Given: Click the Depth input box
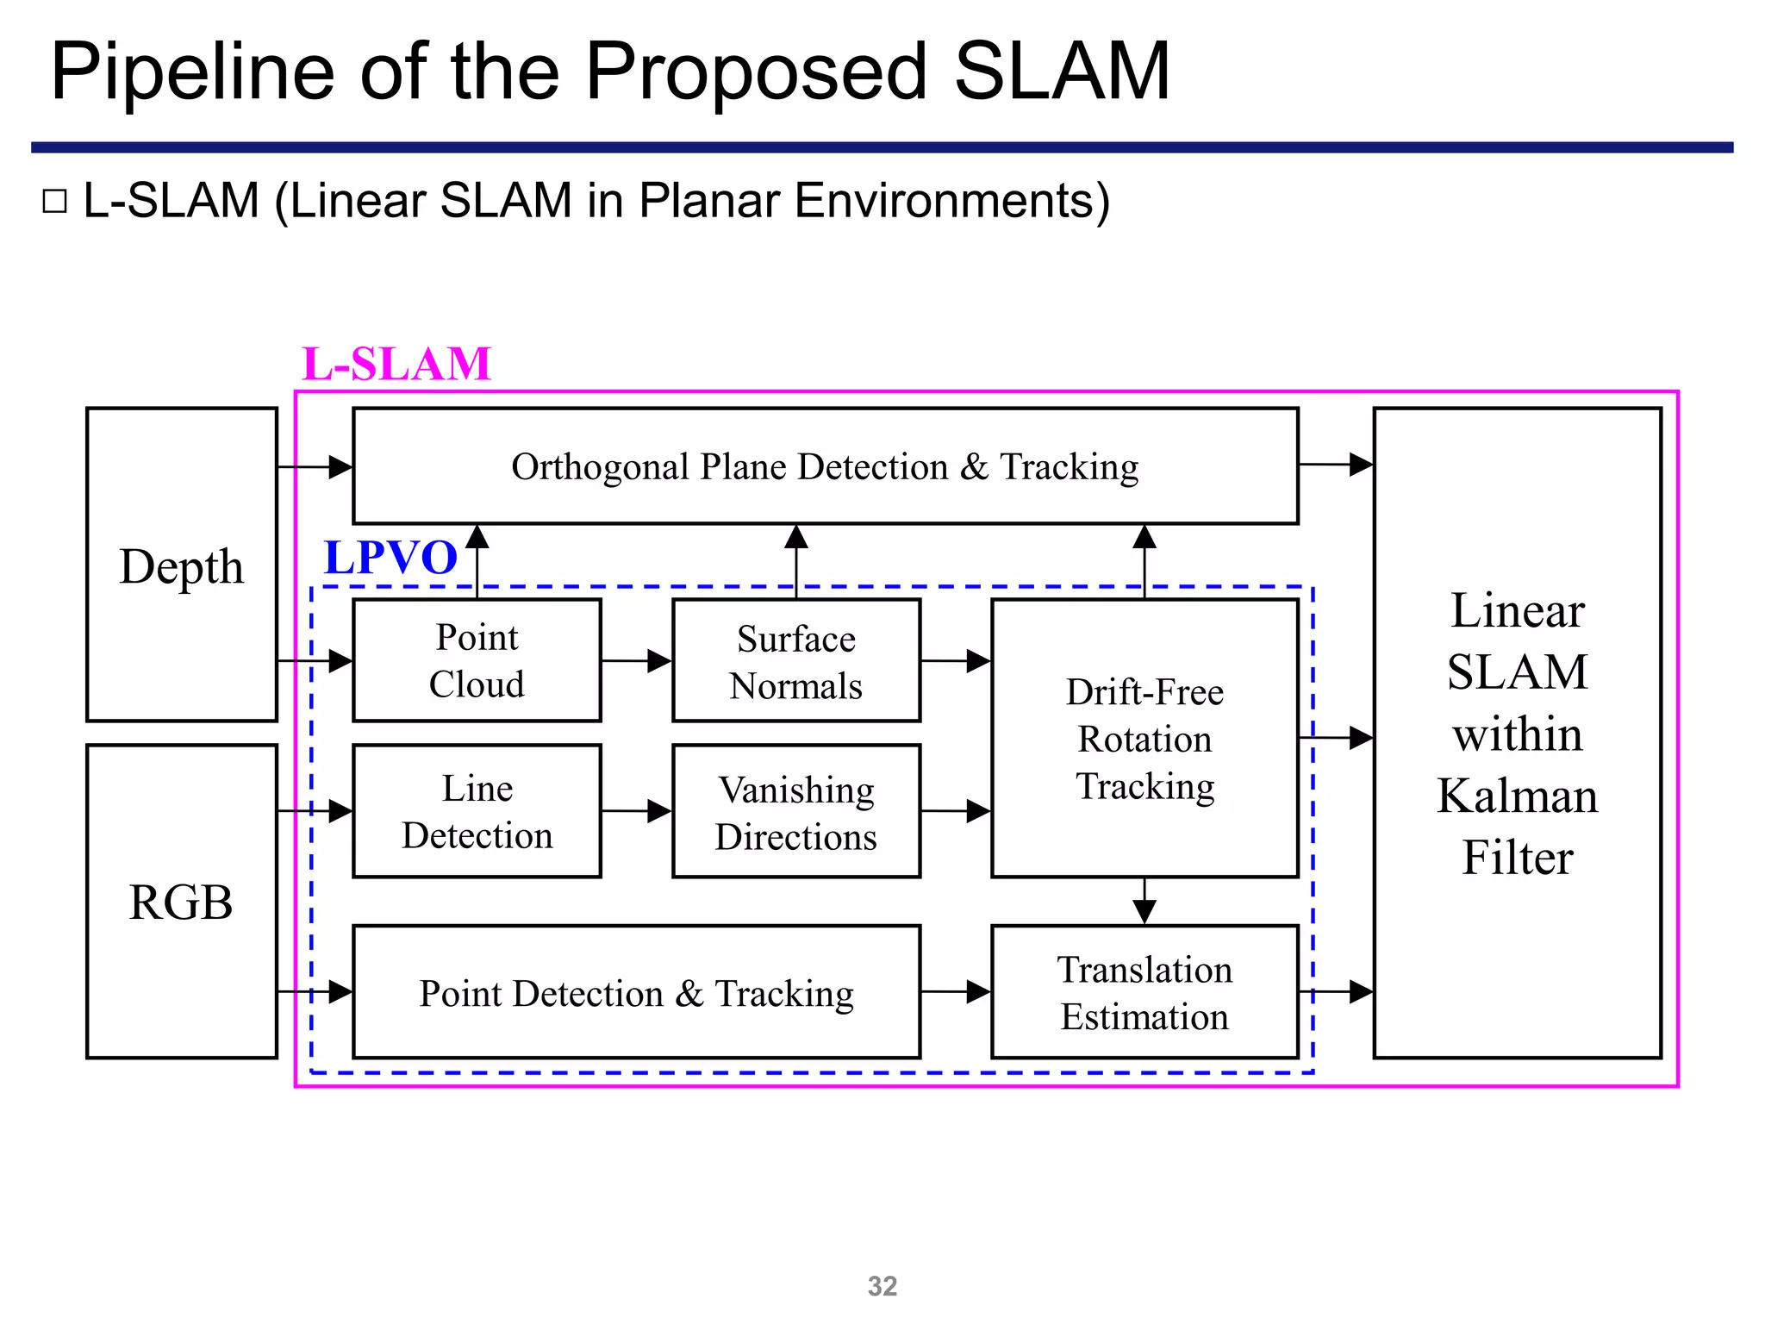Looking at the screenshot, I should (x=181, y=565).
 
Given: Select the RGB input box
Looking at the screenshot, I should (x=181, y=902).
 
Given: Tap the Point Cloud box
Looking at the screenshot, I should (x=477, y=660).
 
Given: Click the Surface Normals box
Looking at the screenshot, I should (x=795, y=661).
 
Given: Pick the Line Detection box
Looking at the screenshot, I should (x=477, y=811).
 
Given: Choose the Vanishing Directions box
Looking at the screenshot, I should (x=795, y=812).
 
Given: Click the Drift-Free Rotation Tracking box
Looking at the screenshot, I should (x=1144, y=739).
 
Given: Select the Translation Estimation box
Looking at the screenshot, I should (x=1144, y=992).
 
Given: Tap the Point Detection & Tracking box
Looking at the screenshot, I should (x=636, y=992).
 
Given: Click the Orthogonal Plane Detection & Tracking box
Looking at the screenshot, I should (x=825, y=466).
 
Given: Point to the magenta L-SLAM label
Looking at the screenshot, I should (x=396, y=364).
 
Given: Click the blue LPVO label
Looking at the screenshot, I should (x=390, y=557).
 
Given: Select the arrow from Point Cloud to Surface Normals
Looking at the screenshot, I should (x=637, y=661).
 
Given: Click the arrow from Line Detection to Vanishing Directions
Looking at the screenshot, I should (x=637, y=811).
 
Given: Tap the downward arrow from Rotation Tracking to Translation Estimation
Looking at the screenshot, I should (x=1144, y=902).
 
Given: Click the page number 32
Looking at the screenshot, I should (x=882, y=1286).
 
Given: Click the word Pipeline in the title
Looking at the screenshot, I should (x=192, y=72).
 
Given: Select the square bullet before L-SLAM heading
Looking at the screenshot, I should (x=54, y=202).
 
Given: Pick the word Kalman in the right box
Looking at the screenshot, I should (x=1517, y=795).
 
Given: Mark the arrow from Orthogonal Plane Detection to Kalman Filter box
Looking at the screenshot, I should (x=1336, y=465).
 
